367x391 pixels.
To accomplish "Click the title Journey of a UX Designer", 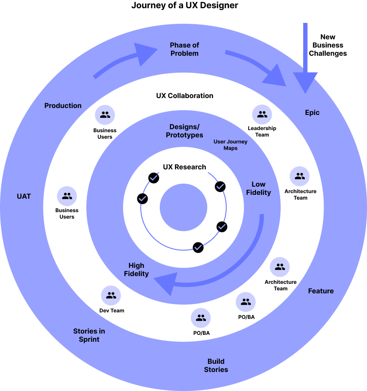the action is click(185, 5).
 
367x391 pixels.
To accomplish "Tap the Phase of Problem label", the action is click(184, 49).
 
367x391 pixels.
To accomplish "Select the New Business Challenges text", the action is click(328, 45).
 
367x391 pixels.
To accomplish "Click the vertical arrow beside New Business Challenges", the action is click(305, 58).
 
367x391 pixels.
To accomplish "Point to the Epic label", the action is click(312, 113).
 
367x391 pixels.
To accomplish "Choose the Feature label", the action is click(321, 291).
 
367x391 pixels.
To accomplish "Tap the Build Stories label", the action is click(216, 366).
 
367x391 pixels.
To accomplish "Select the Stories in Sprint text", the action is click(89, 335).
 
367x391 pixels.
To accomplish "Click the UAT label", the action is click(24, 197).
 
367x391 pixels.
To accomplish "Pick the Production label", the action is click(63, 106).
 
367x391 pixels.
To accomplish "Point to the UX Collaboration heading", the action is click(185, 96).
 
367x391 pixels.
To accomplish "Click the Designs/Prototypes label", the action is click(184, 131).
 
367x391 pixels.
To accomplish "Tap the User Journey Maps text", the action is click(231, 145).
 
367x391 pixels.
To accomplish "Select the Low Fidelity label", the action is click(258, 188).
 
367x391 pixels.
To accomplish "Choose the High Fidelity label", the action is click(136, 270).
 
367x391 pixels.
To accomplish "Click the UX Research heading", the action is click(184, 167).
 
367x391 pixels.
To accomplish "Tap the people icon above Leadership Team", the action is click(262, 114).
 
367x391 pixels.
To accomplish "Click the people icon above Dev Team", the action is click(111, 296).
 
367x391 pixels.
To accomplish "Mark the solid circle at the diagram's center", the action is click(183, 207).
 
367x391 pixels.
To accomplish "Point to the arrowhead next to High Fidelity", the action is click(166, 283).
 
